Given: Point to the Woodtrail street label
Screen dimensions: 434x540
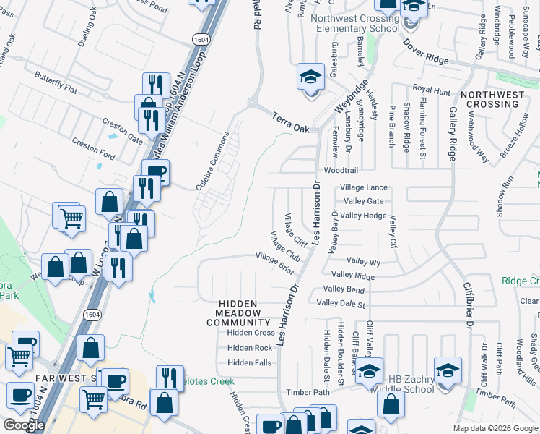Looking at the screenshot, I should click(341, 171).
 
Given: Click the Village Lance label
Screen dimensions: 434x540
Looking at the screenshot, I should click(363, 187).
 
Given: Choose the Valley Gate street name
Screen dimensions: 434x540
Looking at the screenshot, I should click(363, 201).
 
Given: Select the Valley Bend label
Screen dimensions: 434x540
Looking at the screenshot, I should click(346, 289).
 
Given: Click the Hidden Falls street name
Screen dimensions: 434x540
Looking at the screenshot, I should click(249, 362).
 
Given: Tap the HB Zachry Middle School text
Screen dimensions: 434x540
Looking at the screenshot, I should click(411, 384).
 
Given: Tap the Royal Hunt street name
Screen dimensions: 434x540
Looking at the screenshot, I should click(431, 90).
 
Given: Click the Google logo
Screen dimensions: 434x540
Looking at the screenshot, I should click(24, 425).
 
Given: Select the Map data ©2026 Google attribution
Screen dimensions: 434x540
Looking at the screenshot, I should click(495, 428).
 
